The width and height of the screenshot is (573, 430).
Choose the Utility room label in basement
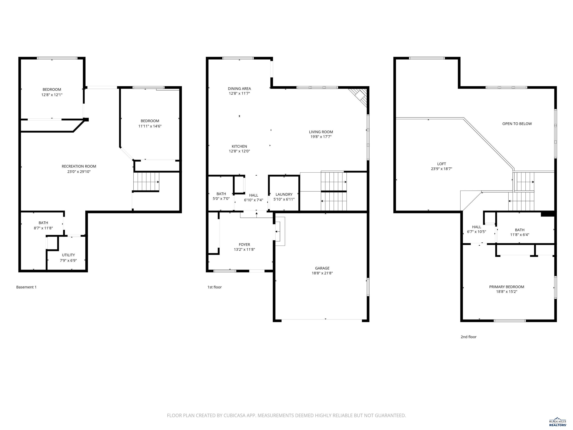tap(68, 255)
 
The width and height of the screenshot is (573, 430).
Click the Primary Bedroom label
tap(506, 287)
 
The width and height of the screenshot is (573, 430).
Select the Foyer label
tap(244, 245)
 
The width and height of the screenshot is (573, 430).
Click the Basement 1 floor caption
tap(26, 287)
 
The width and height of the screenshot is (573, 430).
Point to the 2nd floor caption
tap(468, 337)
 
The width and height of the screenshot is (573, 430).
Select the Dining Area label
tap(239, 89)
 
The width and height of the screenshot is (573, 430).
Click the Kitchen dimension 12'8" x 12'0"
tap(239, 151)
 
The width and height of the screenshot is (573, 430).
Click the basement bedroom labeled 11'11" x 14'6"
tap(150, 124)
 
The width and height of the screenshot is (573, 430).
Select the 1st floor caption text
tap(215, 287)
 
